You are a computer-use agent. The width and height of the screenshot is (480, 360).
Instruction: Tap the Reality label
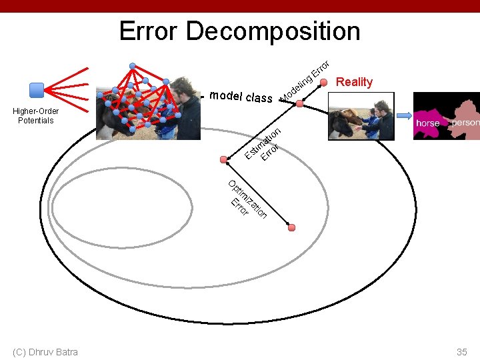coord(355,82)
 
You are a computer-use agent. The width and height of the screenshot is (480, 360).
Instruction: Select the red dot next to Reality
coord(324,82)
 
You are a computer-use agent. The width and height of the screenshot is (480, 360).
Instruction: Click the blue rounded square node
coord(37,89)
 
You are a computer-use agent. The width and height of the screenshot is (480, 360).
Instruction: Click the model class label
coord(240,97)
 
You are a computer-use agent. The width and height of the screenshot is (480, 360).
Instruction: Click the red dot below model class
coord(300,104)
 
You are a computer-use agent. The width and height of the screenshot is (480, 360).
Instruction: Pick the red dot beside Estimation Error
coord(225,159)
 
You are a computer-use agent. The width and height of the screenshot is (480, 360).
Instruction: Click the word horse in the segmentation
coord(427,123)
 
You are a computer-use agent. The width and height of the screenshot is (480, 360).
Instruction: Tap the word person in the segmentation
coord(465,123)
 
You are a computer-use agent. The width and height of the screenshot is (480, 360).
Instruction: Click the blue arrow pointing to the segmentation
coord(404,115)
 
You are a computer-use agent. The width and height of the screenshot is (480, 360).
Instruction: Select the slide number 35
coord(462,351)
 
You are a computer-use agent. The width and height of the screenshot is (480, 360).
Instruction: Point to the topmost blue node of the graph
coord(133,65)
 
